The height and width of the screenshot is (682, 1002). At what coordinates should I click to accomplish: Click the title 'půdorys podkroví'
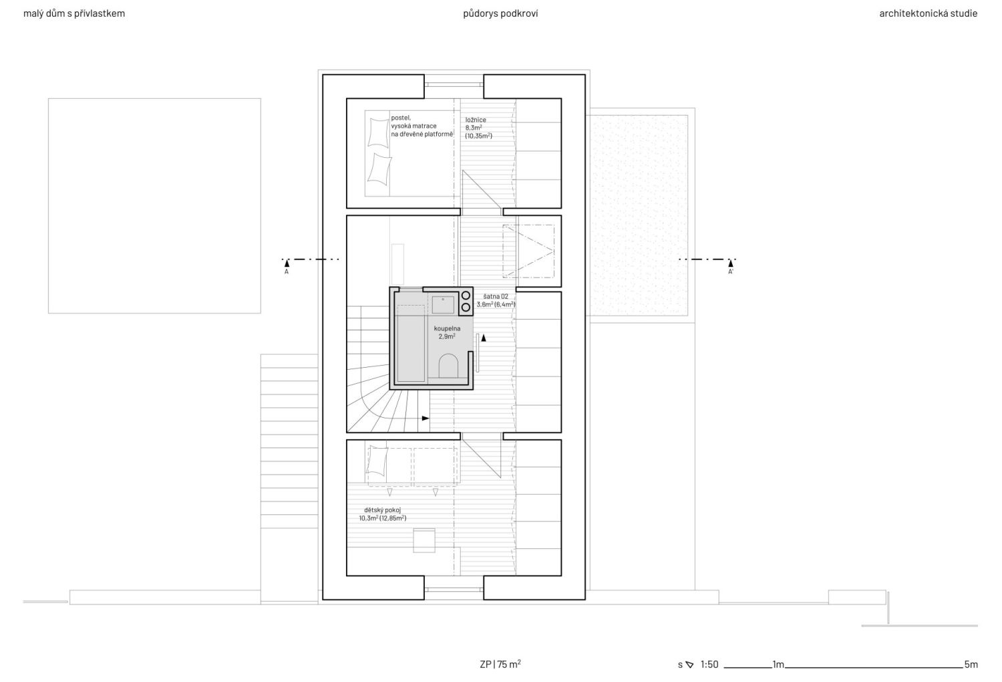coord(500,13)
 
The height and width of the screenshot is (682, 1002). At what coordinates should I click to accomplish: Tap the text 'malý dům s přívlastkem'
coord(74,13)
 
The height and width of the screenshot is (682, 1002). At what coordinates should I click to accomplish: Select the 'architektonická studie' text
coord(929,13)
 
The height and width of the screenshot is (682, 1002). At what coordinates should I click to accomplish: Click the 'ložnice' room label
coord(476,120)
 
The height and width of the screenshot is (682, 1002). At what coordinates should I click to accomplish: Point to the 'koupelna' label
coord(447,329)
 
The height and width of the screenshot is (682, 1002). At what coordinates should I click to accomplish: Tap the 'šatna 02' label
coord(496,296)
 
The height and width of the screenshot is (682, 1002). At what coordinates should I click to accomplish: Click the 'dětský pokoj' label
coord(383,510)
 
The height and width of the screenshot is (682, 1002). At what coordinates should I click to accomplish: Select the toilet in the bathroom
coord(448,366)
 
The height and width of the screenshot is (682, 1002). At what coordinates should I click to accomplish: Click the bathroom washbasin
coord(443,305)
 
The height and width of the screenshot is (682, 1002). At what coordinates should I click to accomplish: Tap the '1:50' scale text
coord(709,665)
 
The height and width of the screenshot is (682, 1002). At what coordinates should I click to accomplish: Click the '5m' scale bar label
coord(971,665)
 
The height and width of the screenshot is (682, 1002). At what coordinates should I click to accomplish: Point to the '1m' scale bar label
coord(778,665)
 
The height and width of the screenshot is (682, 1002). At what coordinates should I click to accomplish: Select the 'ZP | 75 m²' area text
coord(500,664)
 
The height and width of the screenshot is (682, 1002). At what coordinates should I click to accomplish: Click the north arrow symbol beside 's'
coord(690,665)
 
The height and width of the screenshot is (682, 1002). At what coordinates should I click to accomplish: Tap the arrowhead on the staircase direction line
coord(426,419)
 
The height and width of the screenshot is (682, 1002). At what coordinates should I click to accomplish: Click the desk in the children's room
coord(424,540)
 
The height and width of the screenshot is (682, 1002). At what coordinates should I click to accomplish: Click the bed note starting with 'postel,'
coord(422,126)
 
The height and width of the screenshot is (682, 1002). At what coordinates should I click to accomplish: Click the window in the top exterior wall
coord(454,84)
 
